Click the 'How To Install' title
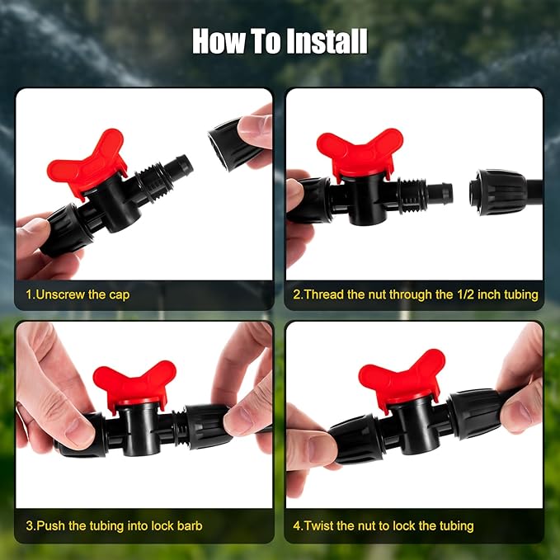click(280, 41)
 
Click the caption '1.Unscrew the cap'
click(77, 294)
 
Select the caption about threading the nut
click(415, 294)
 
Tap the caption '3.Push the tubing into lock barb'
click(114, 525)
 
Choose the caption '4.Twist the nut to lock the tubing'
click(384, 525)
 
